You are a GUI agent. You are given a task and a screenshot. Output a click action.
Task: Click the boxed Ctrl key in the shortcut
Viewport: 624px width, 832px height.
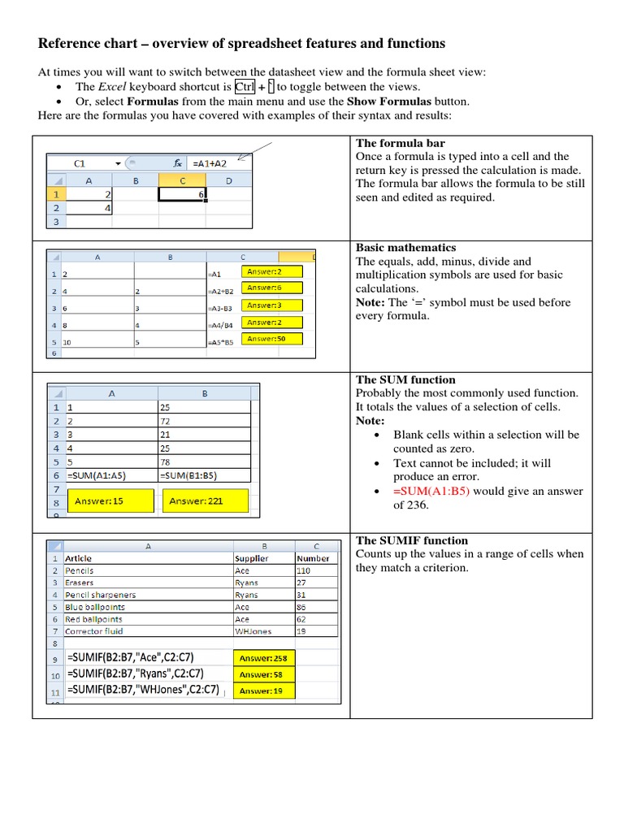coord(245,87)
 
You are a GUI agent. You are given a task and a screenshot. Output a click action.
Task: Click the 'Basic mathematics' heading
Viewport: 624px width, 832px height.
coord(405,248)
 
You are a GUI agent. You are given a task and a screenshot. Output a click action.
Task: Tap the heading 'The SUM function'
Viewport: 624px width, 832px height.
coord(405,379)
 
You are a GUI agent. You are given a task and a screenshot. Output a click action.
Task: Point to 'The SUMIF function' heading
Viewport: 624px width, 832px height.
coord(412,540)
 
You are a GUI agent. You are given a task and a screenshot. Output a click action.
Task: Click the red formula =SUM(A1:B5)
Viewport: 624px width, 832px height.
coord(431,491)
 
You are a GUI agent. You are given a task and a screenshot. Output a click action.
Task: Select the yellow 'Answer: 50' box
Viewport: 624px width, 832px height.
coord(272,339)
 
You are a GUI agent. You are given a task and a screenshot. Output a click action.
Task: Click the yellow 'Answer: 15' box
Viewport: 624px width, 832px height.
coord(100,501)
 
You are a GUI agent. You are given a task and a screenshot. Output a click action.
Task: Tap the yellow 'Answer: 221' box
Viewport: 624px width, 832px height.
coord(196,501)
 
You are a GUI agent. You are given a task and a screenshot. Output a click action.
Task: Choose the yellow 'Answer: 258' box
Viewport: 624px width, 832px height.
coord(264,658)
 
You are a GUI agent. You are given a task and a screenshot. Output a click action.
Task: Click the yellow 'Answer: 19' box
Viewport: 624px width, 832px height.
coord(264,691)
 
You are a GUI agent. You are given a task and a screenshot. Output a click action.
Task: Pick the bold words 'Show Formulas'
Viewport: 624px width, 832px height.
coord(383,102)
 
